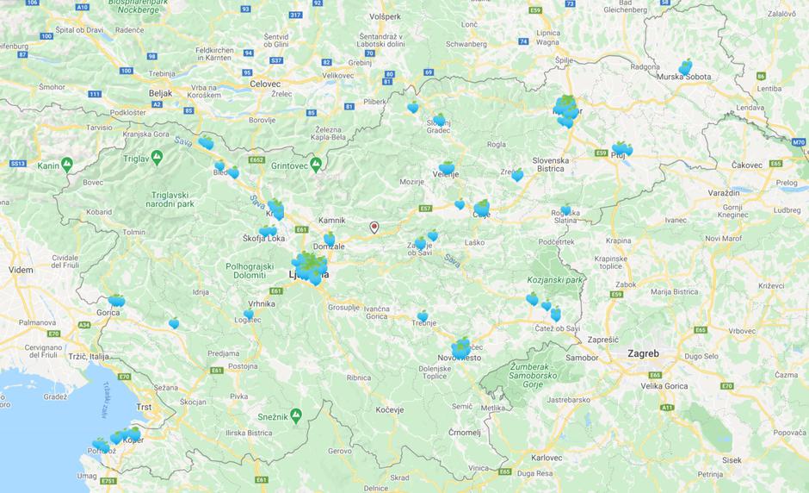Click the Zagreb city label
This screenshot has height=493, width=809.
click(x=643, y=353)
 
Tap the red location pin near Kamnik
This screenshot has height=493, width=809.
click(x=374, y=228)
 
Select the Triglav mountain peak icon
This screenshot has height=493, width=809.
click(x=156, y=158)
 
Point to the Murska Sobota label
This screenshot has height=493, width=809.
click(x=684, y=77)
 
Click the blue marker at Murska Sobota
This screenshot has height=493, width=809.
click(x=685, y=66)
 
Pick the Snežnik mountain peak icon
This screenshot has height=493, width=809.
click(x=296, y=415)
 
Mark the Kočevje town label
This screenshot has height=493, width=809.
click(x=390, y=409)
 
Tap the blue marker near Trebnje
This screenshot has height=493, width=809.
click(x=423, y=315)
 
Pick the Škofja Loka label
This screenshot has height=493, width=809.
click(x=263, y=238)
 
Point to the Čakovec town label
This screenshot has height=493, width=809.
click(x=733, y=164)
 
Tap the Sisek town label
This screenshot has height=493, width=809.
click(x=732, y=459)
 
